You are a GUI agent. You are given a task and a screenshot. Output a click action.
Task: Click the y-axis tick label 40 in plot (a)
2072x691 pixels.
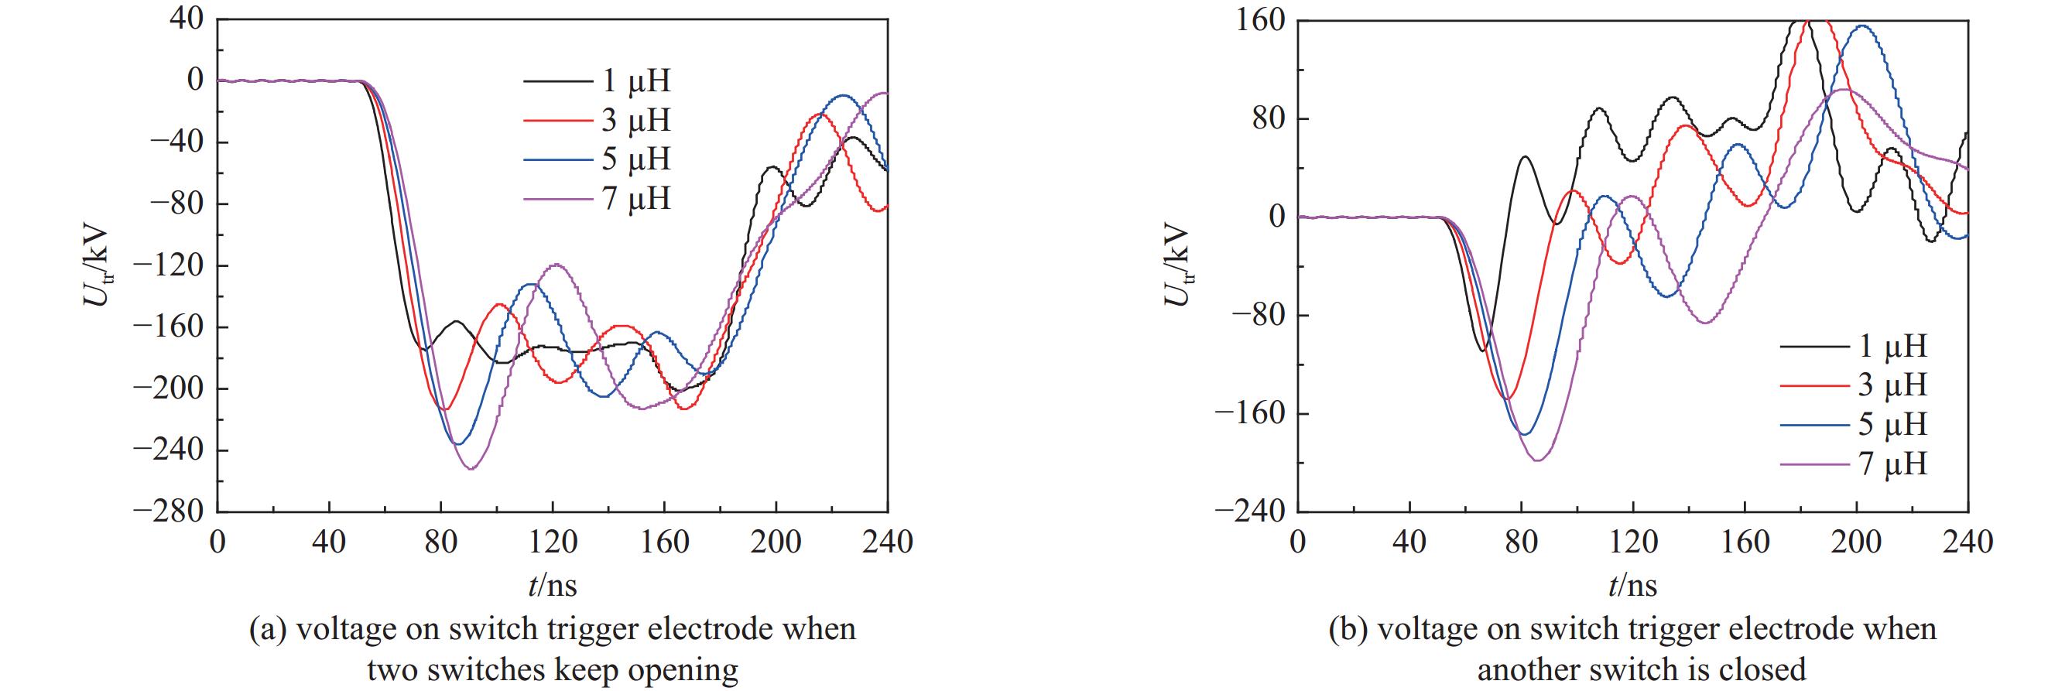tap(187, 19)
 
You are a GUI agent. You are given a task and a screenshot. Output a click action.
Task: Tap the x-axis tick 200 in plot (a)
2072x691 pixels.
tap(776, 542)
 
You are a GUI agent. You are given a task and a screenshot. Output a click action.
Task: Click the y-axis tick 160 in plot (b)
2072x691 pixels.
tap(1259, 19)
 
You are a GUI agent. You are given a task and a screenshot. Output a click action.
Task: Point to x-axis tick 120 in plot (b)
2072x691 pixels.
tap(1634, 542)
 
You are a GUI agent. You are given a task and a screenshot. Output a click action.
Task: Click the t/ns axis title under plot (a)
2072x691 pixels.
tap(553, 585)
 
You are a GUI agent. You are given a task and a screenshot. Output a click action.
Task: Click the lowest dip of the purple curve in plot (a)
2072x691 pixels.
tap(471, 469)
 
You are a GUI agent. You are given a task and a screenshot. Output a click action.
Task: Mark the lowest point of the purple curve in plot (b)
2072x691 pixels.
tap(1537, 461)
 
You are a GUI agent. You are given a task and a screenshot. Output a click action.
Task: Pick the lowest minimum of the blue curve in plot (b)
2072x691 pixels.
tap(1524, 435)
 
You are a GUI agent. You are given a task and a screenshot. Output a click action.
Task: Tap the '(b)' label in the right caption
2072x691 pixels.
tap(1348, 628)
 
